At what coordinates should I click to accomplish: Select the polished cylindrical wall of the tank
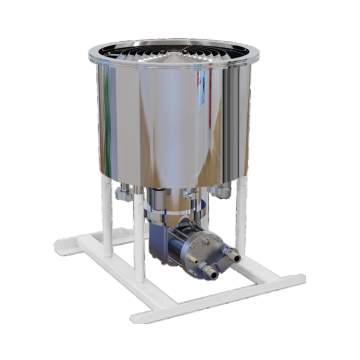click(160, 120)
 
